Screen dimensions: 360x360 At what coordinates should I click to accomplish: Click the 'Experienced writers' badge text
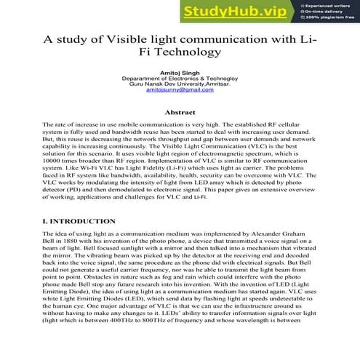(x=328, y=4)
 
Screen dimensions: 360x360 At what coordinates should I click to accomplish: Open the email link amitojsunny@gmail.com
(x=180, y=90)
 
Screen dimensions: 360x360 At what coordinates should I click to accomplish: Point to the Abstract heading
(x=180, y=113)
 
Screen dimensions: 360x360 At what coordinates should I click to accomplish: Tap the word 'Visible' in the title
(x=129, y=39)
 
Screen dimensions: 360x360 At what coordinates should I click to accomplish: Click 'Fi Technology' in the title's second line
(x=180, y=53)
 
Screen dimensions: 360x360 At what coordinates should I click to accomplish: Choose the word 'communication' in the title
(x=247, y=39)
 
